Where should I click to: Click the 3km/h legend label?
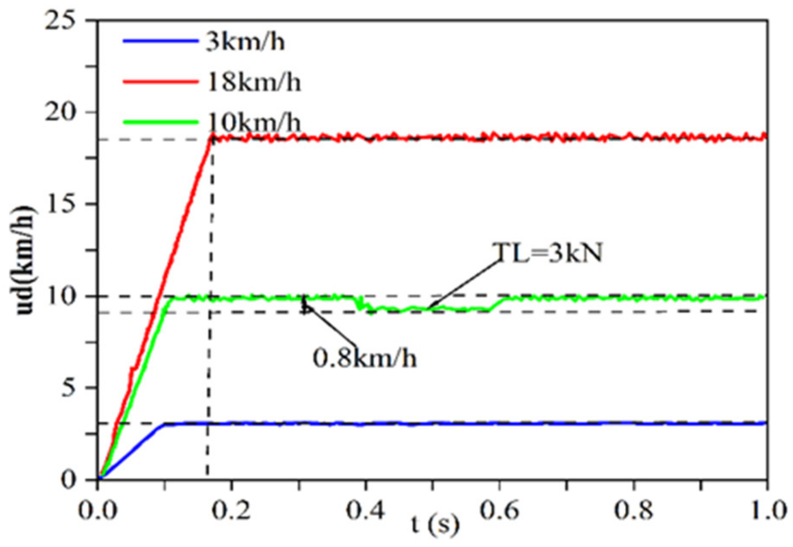(245, 42)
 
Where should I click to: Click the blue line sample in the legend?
(160, 41)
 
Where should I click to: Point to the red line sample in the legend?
(160, 81)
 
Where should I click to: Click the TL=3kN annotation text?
(547, 253)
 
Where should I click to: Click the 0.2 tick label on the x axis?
(232, 511)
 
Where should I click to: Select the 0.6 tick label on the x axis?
(499, 511)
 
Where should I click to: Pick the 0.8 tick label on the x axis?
(633, 511)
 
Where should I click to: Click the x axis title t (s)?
(434, 524)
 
